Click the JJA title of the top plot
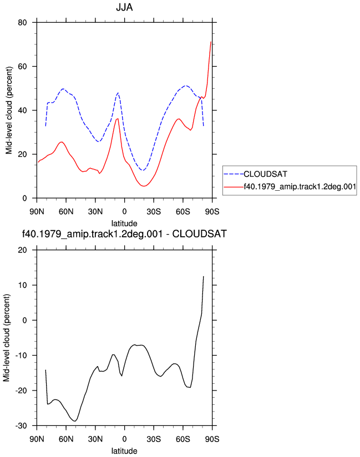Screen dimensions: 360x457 [x=124, y=7]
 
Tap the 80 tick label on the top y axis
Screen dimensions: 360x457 [x=22, y=22]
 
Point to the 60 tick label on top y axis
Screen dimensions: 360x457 [x=22, y=67]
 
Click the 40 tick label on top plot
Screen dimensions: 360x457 [x=22, y=110]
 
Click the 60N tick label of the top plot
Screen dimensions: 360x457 [x=66, y=212]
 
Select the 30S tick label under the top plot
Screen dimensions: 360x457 [x=154, y=212]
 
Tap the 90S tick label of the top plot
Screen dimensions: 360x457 [x=212, y=212]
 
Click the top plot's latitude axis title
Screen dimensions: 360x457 [x=124, y=224]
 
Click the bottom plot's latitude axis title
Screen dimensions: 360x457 [x=124, y=451]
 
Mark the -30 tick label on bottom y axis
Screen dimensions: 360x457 [x=21, y=426]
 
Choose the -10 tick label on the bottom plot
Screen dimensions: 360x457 [x=21, y=356]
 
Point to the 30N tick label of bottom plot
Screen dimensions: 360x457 [x=95, y=439]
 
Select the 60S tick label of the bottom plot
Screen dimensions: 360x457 [x=182, y=439]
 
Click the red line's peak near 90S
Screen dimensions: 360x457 [x=211, y=42]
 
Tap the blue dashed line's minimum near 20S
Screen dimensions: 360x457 [x=143, y=170]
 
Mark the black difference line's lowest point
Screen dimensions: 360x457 [x=75, y=421]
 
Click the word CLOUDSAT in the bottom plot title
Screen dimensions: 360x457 [x=199, y=234]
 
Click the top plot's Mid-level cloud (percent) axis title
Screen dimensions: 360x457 [x=9, y=110]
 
